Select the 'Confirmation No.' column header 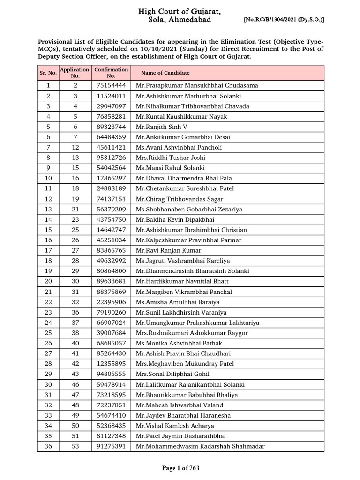click(111, 73)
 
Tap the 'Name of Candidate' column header click(165, 73)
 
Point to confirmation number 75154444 click(111, 86)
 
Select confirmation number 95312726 click(111, 158)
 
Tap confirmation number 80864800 click(111, 271)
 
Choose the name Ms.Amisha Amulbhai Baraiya click(178, 302)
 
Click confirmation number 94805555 click(111, 375)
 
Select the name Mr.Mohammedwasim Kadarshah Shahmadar click(200, 447)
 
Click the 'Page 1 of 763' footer click(180, 468)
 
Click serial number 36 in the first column click(48, 447)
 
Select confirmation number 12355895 click(111, 364)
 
